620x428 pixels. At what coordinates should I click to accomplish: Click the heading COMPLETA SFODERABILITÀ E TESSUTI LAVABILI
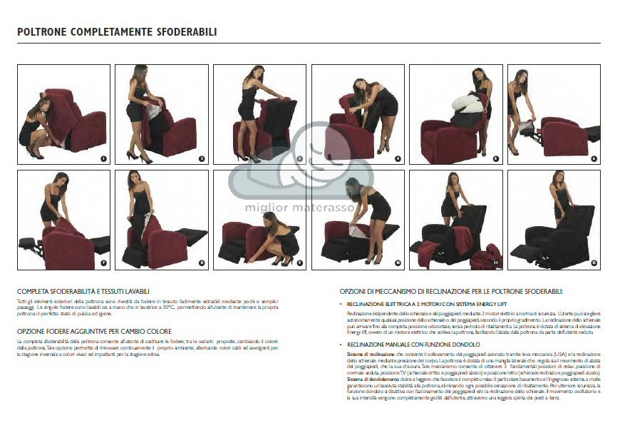[83, 292]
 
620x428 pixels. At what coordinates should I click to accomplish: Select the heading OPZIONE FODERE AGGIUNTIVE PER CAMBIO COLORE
[94, 332]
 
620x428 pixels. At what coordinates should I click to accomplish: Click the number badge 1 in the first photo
[103, 158]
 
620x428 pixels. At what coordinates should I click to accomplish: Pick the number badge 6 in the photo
[594, 158]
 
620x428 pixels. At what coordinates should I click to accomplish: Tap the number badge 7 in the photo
[103, 263]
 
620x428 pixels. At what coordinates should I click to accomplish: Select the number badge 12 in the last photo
[594, 263]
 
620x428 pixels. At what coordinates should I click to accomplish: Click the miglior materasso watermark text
[309, 208]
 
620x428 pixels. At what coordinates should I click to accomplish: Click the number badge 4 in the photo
[398, 158]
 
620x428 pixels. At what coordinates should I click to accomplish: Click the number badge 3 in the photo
[299, 158]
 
